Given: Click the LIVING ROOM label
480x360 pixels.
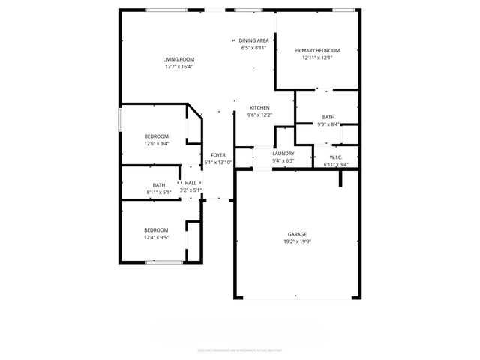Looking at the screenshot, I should [x=178, y=59].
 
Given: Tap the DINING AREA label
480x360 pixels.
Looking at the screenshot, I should [x=253, y=40].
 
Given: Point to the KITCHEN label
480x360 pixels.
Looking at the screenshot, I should [x=259, y=108].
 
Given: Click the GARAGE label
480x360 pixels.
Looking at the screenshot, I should [x=297, y=234].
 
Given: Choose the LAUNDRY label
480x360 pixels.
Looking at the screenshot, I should [x=283, y=153].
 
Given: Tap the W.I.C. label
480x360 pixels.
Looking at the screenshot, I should [x=335, y=157].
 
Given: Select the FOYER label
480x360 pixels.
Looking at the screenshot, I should [x=218, y=155].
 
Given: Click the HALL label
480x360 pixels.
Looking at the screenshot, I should [x=190, y=183].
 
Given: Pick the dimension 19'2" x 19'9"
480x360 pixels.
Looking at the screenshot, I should [x=297, y=241].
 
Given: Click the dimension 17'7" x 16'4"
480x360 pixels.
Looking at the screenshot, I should [x=178, y=67].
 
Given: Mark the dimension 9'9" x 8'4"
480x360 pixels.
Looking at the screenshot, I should [x=328, y=124].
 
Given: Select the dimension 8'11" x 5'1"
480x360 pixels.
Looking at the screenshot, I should [x=159, y=192].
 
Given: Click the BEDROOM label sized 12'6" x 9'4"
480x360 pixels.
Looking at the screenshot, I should [x=156, y=136].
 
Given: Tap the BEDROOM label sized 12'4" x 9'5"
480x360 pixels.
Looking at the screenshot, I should [x=156, y=229].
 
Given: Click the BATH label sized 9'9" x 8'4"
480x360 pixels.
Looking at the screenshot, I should [x=328, y=117].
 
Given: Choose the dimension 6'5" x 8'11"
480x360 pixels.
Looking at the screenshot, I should [x=253, y=48].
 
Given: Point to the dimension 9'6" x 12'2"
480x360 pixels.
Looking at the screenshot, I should [x=259, y=115].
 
